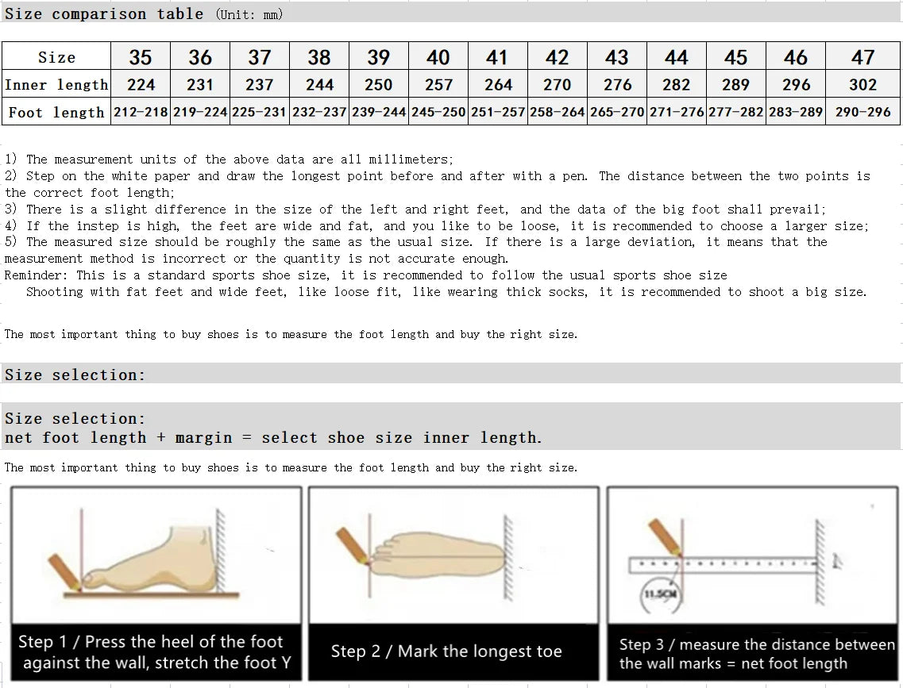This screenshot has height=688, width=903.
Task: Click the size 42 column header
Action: tap(557, 57)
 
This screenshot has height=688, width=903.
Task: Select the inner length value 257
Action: tap(438, 85)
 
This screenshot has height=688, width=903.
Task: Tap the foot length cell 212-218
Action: tap(141, 112)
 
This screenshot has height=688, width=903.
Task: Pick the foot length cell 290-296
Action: tap(862, 112)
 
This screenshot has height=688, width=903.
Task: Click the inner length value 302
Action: tap(862, 85)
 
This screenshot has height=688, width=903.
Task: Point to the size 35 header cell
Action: tap(141, 57)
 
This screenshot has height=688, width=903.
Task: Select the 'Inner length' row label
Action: tap(56, 85)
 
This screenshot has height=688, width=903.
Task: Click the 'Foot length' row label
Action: tap(56, 112)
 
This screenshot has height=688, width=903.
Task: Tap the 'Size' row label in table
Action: tap(56, 57)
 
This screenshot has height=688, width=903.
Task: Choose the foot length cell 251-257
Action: tap(498, 112)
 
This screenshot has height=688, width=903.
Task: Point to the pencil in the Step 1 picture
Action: tap(64, 570)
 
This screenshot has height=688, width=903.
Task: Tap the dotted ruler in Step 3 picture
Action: tap(723, 564)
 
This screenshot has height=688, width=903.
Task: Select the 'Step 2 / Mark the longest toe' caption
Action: tap(446, 651)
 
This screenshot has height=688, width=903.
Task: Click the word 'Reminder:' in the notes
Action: tap(37, 275)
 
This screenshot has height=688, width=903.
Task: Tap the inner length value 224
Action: tap(141, 85)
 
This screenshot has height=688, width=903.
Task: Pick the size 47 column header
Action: tap(862, 57)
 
